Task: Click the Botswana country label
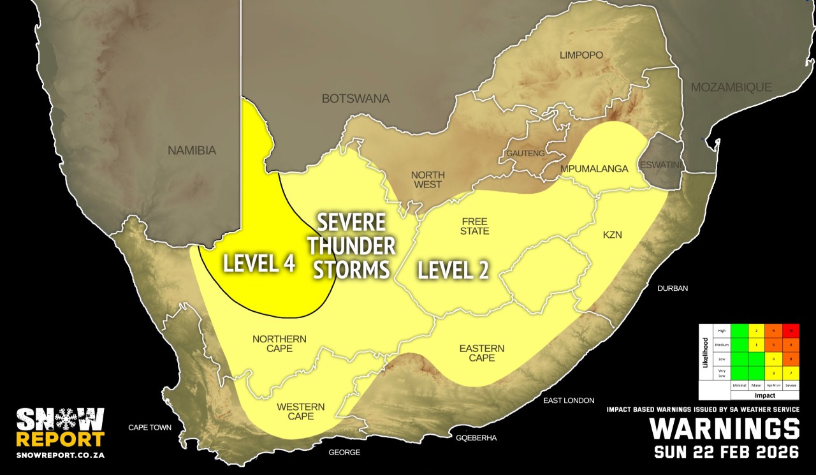click(355, 99)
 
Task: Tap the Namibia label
click(192, 151)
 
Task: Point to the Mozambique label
click(731, 87)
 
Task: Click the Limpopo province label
click(581, 55)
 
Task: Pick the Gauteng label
click(525, 154)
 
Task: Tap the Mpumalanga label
click(594, 169)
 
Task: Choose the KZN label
click(612, 235)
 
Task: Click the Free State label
click(475, 226)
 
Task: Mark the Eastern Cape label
click(482, 353)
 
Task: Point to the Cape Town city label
click(150, 427)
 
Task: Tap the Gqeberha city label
click(476, 438)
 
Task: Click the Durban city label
click(673, 288)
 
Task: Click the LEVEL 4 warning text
click(259, 264)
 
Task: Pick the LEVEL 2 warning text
click(453, 271)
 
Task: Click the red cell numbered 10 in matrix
click(791, 330)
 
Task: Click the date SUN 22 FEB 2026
click(727, 452)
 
